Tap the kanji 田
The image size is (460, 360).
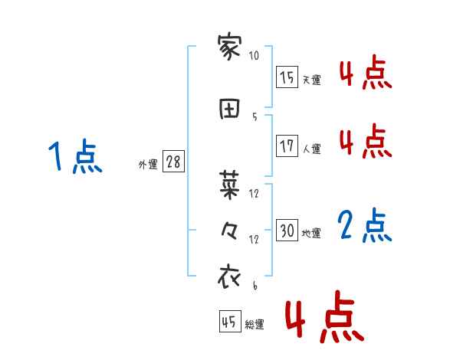(230, 109)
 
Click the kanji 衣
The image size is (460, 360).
(230, 277)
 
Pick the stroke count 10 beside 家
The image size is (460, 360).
(255, 56)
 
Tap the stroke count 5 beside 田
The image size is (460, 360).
(255, 116)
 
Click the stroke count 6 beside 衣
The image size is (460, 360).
(255, 286)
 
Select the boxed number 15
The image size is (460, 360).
(287, 77)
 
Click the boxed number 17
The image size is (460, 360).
(287, 146)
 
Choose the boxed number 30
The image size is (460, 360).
(287, 231)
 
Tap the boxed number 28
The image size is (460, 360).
(172, 162)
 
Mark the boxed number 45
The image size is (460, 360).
(228, 322)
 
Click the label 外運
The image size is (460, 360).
(147, 165)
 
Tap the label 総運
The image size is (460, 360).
(254, 325)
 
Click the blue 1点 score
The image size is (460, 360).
(74, 157)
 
